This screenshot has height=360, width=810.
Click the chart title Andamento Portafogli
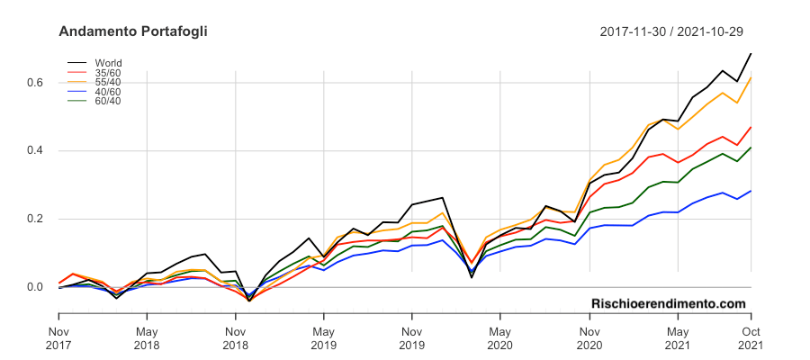coord(132,31)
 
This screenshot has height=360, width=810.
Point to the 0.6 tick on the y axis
coord(35,83)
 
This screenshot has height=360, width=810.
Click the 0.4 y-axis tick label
coord(35,151)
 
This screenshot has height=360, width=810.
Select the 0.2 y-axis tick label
coord(35,220)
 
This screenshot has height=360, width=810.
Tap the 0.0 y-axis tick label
coord(35,288)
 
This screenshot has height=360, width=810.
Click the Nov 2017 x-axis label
coord(58,337)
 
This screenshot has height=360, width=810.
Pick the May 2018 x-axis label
coord(147,337)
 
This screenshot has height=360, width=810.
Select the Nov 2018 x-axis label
coord(235,337)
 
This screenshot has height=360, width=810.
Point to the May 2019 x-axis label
coord(324,337)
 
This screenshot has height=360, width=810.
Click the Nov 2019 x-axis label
coord(411,337)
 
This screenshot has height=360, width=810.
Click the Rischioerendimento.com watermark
coord(669,304)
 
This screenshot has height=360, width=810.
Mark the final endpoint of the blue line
coord(751,191)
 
